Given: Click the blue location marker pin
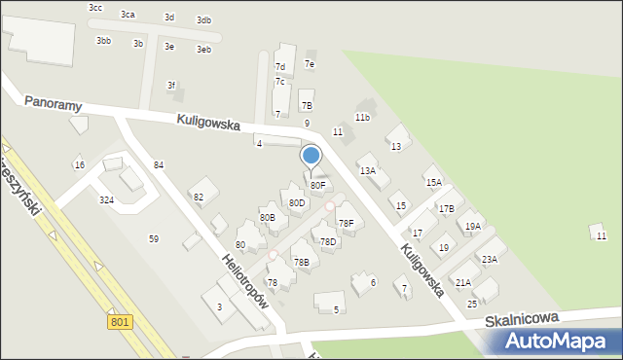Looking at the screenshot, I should [311, 156].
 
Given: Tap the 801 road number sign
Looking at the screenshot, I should [120, 322].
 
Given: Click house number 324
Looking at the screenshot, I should [106, 200].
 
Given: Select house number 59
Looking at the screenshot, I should [153, 238].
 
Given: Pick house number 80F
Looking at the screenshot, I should [317, 185].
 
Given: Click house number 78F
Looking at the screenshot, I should [346, 224].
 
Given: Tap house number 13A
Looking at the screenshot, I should [368, 171].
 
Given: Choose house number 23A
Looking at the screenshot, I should [489, 260].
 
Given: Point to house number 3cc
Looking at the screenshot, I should [94, 8].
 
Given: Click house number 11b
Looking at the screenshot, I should [362, 118].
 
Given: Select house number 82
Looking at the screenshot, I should [199, 198].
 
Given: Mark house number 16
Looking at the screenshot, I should [79, 164].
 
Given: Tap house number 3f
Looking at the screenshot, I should [171, 86].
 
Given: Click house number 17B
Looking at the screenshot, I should [446, 208].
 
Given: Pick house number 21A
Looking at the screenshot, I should [463, 282].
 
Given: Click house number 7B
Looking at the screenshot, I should [307, 105].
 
